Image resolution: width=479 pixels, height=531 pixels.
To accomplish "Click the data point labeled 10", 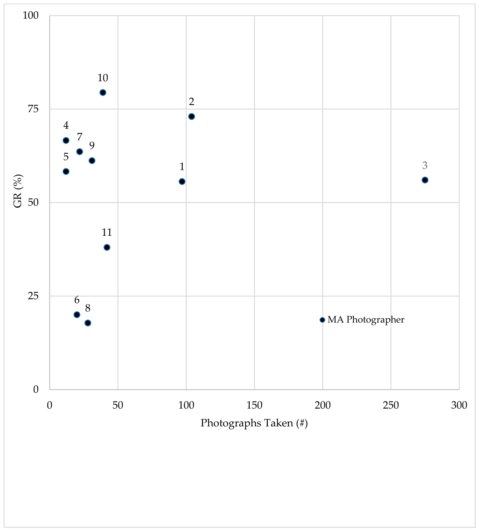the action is click(x=103, y=92).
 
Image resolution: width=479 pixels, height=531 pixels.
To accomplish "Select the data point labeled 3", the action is click(x=425, y=180).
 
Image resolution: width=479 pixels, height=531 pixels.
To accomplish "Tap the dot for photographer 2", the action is click(x=191, y=117).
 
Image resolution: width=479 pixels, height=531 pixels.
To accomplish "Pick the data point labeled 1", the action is click(x=182, y=181).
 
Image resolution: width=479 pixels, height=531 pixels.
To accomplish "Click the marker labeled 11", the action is click(x=107, y=248).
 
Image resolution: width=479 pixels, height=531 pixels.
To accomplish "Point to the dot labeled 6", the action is click(x=77, y=315).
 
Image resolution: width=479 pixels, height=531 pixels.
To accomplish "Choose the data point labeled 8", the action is click(x=88, y=323).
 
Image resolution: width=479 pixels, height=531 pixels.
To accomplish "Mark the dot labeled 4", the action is click(x=66, y=140).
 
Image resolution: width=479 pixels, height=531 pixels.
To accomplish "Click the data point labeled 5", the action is click(x=66, y=172).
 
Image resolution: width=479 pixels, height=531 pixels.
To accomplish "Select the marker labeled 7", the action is click(x=79, y=152).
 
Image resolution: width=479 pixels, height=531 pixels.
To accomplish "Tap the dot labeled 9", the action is click(x=92, y=160).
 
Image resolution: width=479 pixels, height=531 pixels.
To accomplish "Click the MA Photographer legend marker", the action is click(x=322, y=320).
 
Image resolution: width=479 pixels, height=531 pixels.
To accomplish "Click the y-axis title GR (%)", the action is click(x=18, y=191).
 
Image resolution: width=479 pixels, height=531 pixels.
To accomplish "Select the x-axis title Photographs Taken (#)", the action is click(x=254, y=423).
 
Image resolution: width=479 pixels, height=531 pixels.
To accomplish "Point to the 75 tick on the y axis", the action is click(x=33, y=109).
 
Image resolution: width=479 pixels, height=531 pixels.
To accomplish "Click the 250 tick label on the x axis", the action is click(x=391, y=405).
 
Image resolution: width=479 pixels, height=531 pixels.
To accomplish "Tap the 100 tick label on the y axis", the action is click(x=31, y=15).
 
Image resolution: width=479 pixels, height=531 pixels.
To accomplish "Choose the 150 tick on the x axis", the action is click(x=254, y=405).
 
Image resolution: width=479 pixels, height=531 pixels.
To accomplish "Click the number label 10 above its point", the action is click(x=103, y=78).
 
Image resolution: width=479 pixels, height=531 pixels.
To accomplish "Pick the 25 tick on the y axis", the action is click(x=33, y=296).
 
